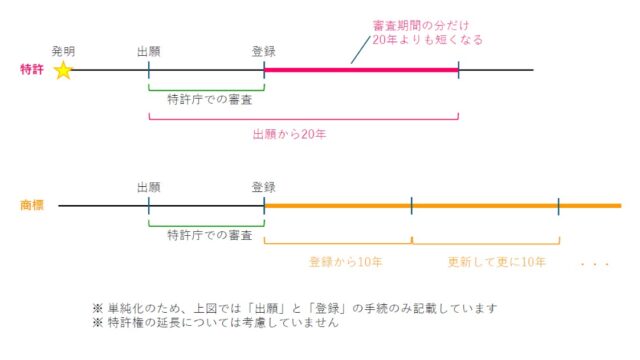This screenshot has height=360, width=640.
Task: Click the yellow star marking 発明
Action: point(63,70)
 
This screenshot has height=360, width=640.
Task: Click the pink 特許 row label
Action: point(32,69)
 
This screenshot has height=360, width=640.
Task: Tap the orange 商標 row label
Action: point(32,205)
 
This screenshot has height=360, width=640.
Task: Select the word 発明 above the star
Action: point(63,51)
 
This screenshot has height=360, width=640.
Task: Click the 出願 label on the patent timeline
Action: point(149,51)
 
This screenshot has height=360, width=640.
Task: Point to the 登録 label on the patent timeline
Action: point(264,51)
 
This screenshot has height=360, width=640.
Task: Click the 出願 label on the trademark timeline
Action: point(149,187)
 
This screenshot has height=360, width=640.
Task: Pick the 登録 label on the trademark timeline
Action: point(264,187)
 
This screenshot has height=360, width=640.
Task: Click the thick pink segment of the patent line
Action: point(361,70)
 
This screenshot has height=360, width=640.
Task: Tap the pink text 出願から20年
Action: point(289,134)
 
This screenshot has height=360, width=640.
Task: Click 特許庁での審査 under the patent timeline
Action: point(210,99)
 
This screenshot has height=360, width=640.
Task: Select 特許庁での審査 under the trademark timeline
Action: point(210,235)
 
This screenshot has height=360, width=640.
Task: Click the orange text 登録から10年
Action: point(345,262)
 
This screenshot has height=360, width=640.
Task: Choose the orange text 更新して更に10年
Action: point(496,262)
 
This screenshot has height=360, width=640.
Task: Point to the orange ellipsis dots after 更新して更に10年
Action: point(595,264)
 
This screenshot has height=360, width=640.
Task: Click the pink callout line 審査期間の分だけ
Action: point(421,26)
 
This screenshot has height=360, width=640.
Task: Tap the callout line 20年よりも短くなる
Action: point(427,40)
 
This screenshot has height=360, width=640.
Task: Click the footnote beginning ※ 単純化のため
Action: point(295,308)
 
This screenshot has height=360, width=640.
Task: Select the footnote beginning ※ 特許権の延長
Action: point(216,322)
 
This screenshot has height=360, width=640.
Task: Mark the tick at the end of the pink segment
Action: point(458,70)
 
